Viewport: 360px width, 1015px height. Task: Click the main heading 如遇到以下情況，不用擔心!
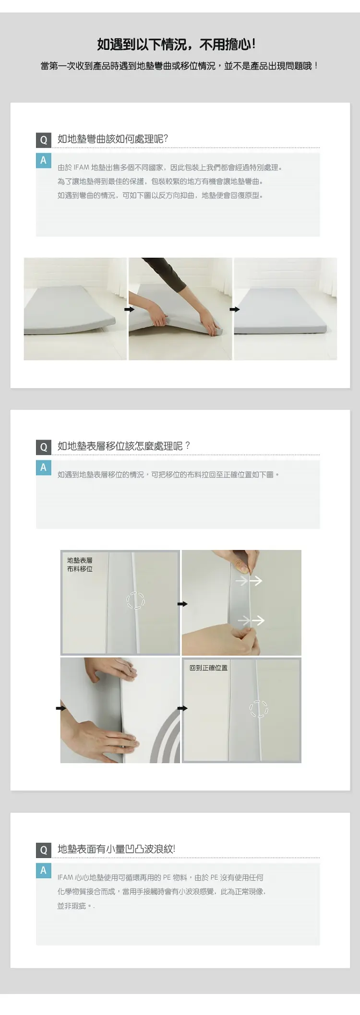tap(177, 45)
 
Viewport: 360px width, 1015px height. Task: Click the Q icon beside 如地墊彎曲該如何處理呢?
tap(43, 140)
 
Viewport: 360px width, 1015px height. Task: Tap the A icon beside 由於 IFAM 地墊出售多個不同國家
tap(43, 160)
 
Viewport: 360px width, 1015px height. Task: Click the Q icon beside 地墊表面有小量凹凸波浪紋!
tap(43, 849)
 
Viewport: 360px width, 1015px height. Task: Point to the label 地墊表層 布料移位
tap(80, 564)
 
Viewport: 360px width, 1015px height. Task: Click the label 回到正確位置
tap(208, 668)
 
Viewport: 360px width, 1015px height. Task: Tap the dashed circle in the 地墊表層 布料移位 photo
tap(136, 600)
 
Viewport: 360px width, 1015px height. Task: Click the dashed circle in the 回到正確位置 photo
tap(259, 709)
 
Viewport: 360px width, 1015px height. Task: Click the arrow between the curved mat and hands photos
tap(129, 310)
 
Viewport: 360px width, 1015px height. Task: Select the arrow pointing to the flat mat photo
tap(234, 310)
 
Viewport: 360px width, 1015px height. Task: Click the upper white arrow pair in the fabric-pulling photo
tap(249, 581)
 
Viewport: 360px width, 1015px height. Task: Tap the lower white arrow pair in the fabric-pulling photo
tap(251, 621)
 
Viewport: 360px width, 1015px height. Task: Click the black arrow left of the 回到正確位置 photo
tap(182, 708)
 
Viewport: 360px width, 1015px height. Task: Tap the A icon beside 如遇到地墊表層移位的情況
tap(43, 467)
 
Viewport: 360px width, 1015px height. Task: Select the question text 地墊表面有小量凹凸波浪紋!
tap(116, 849)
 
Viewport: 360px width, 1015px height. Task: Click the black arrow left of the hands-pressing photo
tap(61, 708)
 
